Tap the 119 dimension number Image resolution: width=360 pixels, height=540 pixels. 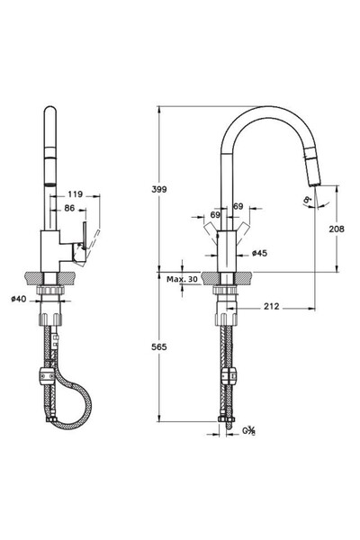76,193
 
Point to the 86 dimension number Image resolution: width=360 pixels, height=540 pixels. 70,208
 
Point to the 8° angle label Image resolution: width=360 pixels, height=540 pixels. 309,199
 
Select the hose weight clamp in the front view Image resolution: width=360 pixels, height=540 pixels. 227,374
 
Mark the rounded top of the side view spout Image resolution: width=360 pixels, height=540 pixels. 51,112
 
